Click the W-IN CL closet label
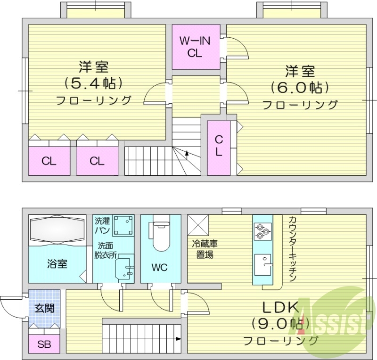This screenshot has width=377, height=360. [195, 47]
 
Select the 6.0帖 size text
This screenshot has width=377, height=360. [299, 87]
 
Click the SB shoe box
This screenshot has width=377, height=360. [44, 343]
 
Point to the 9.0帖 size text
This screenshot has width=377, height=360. [280, 324]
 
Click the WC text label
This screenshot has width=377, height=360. [159, 267]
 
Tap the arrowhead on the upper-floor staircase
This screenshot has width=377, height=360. [188, 153]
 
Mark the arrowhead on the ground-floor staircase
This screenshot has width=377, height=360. [179, 338]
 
